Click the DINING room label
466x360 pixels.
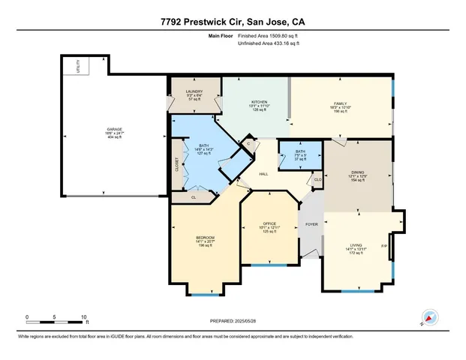click(x=357, y=172)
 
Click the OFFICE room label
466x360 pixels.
click(x=269, y=223)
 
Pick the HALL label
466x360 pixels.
click(x=264, y=174)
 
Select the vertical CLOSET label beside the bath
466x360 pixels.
click(x=177, y=165)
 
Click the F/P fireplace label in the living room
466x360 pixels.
click(x=384, y=246)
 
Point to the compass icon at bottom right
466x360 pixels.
click(x=429, y=317)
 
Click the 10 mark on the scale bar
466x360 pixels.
click(x=84, y=316)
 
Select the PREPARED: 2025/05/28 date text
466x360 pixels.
click(x=233, y=320)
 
